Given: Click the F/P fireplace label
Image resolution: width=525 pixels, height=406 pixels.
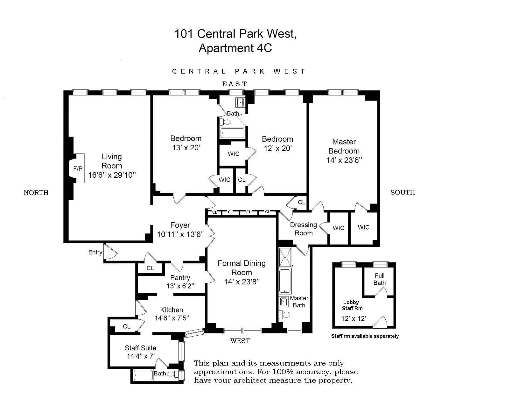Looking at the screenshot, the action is [78, 168].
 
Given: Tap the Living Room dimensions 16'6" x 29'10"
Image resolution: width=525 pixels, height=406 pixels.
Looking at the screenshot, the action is [112, 175].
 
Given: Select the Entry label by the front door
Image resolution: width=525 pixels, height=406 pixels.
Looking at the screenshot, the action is [95, 253].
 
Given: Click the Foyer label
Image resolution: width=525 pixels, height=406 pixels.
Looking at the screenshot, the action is [180, 225].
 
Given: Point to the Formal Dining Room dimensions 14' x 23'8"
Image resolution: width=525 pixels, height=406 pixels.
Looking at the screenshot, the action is [242, 282].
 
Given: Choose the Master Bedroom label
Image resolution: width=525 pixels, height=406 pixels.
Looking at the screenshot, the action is [344, 146].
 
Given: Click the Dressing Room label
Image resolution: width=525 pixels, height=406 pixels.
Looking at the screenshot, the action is [304, 229].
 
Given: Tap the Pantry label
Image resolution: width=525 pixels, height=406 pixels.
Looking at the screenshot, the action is [180, 278].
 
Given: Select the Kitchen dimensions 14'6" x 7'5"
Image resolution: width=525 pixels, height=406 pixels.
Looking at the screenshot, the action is [172, 318].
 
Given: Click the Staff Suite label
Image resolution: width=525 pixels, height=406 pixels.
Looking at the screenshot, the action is [140, 348].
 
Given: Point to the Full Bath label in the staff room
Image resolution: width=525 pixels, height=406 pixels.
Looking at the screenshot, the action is [380, 279].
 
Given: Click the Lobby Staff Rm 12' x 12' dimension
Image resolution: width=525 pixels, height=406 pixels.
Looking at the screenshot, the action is [353, 318].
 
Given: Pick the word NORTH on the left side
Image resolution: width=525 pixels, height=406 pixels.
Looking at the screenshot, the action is [36, 193].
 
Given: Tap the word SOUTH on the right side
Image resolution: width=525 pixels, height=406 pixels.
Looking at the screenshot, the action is [402, 192].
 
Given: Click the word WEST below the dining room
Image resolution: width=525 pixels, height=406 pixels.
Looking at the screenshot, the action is [240, 341].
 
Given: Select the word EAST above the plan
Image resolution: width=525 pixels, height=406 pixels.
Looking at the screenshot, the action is [234, 84].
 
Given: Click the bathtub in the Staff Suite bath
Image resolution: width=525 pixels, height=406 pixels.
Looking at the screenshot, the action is [143, 375].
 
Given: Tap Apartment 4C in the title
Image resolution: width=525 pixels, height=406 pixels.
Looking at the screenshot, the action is [235, 48].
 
